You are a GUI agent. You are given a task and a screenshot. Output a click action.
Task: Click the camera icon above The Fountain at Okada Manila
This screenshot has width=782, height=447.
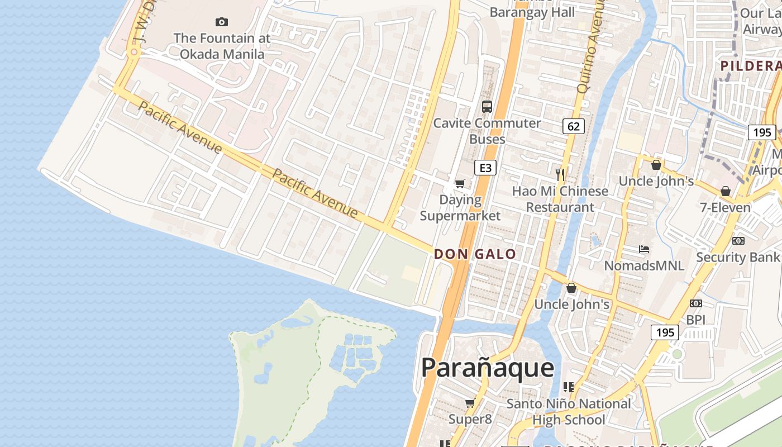pyautogui.click(x=222, y=22)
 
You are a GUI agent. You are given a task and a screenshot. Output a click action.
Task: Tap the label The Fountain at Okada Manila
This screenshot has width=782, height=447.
pyautogui.click(x=222, y=46)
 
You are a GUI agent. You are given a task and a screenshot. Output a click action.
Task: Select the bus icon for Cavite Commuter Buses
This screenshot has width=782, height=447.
pyautogui.click(x=487, y=106)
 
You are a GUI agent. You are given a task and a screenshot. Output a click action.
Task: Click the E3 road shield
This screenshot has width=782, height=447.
pyautogui.click(x=485, y=168)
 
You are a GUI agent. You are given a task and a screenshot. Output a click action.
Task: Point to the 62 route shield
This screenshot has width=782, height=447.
pyautogui.click(x=574, y=126)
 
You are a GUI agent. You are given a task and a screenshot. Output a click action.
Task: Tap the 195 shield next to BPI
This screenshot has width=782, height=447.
pyautogui.click(x=665, y=332)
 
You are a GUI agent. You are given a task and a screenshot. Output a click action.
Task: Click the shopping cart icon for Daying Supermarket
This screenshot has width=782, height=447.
pyautogui.click(x=460, y=184)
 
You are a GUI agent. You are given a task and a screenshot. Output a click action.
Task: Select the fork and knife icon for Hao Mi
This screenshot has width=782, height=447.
pyautogui.click(x=560, y=175)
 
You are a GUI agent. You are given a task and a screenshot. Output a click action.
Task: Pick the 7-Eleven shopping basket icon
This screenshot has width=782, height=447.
pyautogui.click(x=726, y=191)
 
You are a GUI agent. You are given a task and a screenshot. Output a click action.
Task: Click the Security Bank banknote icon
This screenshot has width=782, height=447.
pyautogui.click(x=738, y=241)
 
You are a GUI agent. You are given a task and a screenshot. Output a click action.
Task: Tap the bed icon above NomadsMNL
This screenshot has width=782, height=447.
pyautogui.click(x=644, y=249)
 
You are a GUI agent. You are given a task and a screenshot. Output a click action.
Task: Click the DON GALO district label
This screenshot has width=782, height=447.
pyautogui.click(x=475, y=254)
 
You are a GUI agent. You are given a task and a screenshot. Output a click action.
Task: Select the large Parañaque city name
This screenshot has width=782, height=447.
pyautogui.click(x=488, y=368)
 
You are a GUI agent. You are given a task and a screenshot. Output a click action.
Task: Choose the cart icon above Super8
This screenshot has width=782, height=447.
pyautogui.click(x=470, y=403)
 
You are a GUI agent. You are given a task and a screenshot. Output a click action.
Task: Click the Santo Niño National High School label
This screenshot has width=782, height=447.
pyautogui.click(x=569, y=412)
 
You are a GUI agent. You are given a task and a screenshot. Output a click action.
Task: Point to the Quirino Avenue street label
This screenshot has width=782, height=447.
pyautogui.click(x=590, y=45)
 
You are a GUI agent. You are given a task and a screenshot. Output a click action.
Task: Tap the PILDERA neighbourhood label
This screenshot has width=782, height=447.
pyautogui.click(x=750, y=66)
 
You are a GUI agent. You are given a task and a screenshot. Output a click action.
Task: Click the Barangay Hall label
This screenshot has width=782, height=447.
pyautogui.click(x=532, y=12)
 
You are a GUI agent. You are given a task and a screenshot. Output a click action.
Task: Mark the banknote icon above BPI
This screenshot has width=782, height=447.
pyautogui.click(x=696, y=303)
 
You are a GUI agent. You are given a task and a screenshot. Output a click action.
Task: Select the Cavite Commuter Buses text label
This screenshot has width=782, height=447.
pyautogui.click(x=487, y=131)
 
